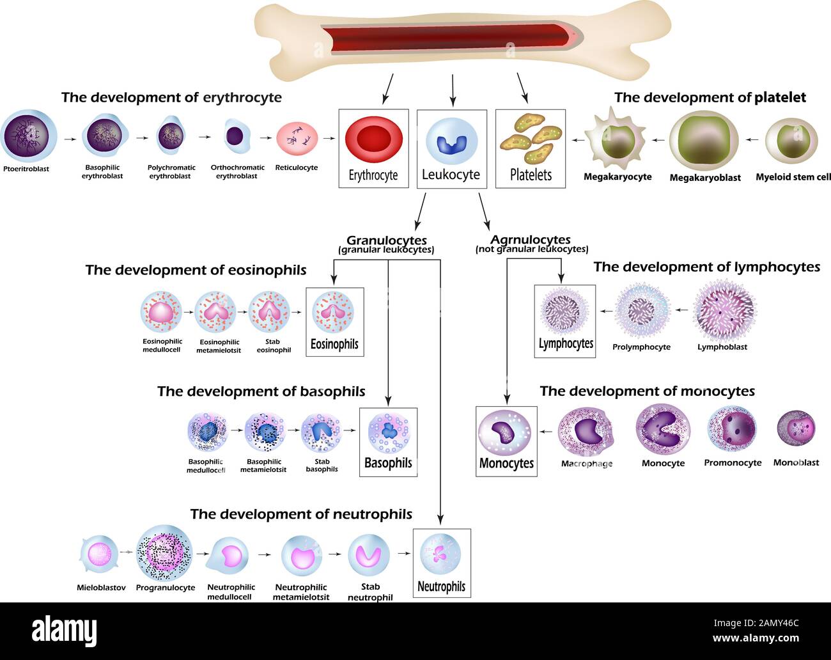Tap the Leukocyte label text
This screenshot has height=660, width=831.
(451, 175)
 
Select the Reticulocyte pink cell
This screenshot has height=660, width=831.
(297, 138)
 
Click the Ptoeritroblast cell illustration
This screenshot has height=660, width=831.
(29, 136)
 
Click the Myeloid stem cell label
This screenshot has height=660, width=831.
(793, 177)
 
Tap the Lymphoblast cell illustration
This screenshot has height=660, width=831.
(724, 311)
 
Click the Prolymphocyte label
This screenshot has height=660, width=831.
(641, 347)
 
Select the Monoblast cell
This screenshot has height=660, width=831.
(796, 428)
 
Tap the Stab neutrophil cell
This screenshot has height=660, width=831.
(369, 554)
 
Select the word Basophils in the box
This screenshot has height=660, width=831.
(388, 463)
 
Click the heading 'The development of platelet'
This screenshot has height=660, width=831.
(710, 97)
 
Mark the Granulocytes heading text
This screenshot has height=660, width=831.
(386, 240)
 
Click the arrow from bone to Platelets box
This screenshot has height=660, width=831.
(522, 88)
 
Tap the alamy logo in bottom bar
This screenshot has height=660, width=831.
(68, 629)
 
